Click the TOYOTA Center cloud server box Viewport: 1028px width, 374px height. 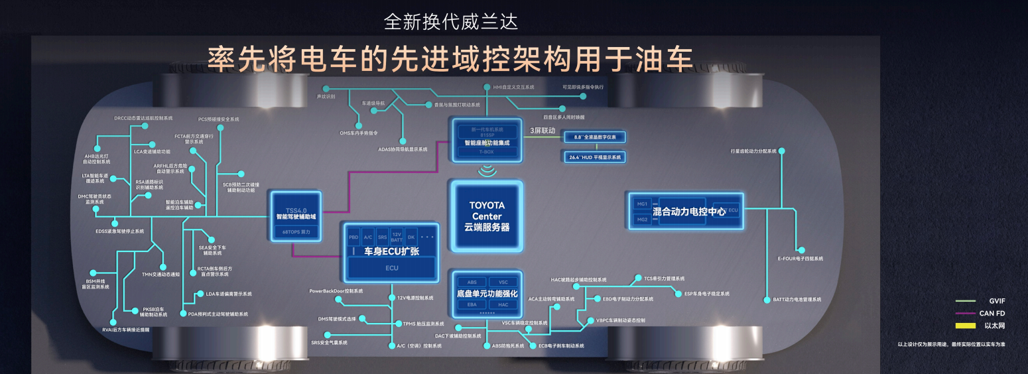point(487,216)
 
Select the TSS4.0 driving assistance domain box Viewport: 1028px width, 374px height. point(296,215)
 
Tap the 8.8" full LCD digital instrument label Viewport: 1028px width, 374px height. point(595,137)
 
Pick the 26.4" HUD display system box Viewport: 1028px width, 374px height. point(595,157)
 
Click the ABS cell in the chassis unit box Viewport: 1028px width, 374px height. point(472,282)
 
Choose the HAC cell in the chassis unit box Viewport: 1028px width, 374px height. point(503,304)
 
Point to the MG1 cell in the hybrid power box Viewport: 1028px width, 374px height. point(641,204)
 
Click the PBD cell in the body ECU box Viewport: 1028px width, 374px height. point(353,237)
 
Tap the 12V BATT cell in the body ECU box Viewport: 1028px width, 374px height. point(397,237)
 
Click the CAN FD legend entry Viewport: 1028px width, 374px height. point(992,313)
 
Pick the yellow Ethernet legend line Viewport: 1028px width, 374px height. point(965,326)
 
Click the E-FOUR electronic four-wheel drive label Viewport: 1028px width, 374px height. point(800,259)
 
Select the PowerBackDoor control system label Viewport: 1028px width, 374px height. point(336,291)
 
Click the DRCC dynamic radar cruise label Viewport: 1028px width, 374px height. point(143,118)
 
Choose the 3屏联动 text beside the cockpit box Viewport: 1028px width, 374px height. point(543,130)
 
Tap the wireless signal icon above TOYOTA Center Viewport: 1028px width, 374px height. point(487,171)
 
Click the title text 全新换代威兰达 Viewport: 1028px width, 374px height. point(450,21)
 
